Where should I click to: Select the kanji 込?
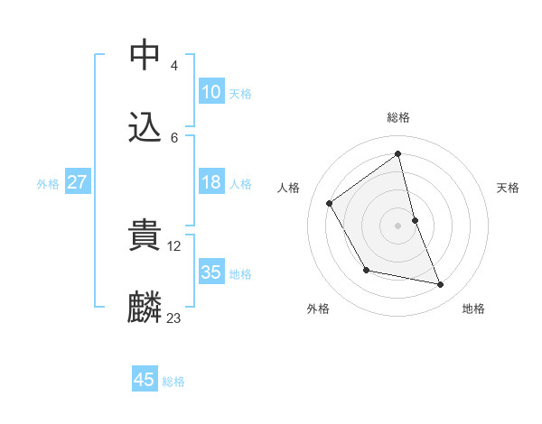pos(145,127)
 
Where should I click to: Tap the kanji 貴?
pos(145,235)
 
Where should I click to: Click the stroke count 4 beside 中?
pos(173,65)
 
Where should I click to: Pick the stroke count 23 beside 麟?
pos(173,318)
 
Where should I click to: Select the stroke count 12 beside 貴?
pos(174,244)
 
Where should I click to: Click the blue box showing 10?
pos(210,92)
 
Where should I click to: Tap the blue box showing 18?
pos(210,182)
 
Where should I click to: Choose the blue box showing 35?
pos(210,272)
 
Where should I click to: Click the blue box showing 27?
pos(77,182)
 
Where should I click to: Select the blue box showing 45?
pos(145,380)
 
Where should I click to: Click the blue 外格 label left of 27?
pos(48,183)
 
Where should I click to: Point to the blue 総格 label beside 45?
pos(173,382)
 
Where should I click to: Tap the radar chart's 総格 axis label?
pos(398,117)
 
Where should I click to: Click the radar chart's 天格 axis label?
pos(509,188)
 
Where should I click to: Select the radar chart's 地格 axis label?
pos(473,309)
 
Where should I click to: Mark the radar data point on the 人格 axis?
pos(330,203)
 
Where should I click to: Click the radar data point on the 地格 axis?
pos(441,284)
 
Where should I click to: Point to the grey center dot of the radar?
pos(397,225)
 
